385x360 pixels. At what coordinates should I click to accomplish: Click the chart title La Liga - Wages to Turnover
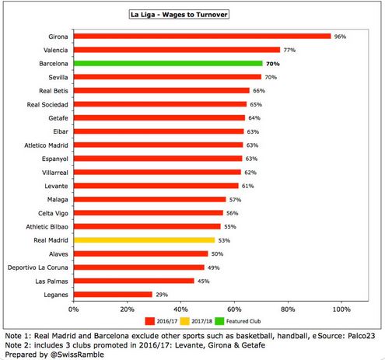[179, 15]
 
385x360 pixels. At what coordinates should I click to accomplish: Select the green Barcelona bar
[168, 64]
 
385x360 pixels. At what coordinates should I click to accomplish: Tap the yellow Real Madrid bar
[144, 240]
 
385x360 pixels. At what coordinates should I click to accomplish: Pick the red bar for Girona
[202, 37]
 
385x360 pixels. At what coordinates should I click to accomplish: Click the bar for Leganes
[113, 295]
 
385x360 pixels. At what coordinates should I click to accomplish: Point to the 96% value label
[340, 37]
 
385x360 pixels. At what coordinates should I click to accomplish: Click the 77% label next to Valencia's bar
[289, 50]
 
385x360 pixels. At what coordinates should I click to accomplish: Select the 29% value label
[162, 295]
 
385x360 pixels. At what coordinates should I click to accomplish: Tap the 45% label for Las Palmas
[204, 281]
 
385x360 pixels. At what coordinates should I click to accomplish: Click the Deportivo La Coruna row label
[38, 267]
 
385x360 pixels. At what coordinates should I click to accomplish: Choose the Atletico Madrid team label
[46, 145]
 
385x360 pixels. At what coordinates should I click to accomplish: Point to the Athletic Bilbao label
[47, 227]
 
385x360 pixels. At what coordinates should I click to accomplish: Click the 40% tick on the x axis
[180, 309]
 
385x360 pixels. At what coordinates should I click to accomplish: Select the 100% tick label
[341, 309]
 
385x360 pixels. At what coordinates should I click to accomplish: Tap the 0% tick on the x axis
[74, 309]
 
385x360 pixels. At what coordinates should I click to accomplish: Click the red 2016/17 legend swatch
[150, 321]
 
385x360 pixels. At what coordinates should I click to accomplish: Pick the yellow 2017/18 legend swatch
[184, 321]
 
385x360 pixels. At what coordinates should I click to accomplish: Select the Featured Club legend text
[243, 321]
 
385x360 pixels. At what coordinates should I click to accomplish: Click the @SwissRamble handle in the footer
[77, 355]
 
